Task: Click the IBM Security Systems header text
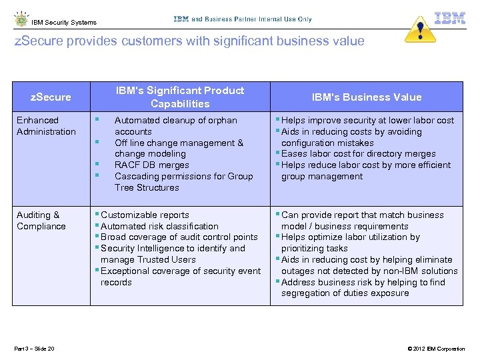click(x=64, y=23)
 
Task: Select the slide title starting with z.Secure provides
click(x=189, y=41)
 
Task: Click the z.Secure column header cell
click(x=51, y=97)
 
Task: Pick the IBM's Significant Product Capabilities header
click(x=180, y=97)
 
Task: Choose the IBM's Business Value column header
click(x=367, y=97)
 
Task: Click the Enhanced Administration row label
click(x=46, y=126)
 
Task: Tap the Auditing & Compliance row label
click(x=41, y=221)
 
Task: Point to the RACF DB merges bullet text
click(x=151, y=165)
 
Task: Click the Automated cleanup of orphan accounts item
click(x=175, y=126)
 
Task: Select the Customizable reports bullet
click(x=145, y=215)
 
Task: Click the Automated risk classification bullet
click(x=159, y=227)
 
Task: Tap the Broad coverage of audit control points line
click(x=179, y=237)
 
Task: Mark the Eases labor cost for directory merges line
click(x=358, y=154)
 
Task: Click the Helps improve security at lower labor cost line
click(x=367, y=121)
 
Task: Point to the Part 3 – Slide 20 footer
click(x=34, y=349)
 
